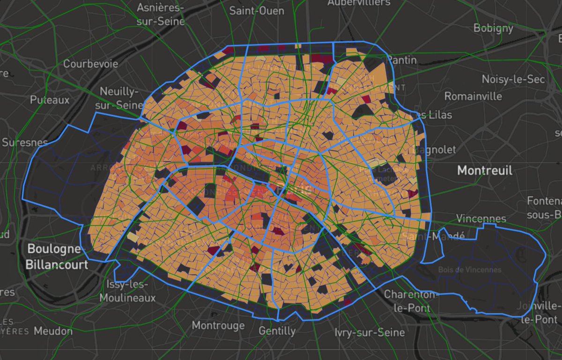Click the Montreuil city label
485,170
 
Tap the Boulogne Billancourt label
57,257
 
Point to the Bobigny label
493,28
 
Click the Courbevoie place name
91,64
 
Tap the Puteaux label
50,100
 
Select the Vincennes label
481,219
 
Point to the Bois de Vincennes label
470,270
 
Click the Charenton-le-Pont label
410,301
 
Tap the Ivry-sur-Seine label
370,332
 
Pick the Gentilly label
277,331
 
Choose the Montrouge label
218,325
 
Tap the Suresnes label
24,142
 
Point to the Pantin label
401,60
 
